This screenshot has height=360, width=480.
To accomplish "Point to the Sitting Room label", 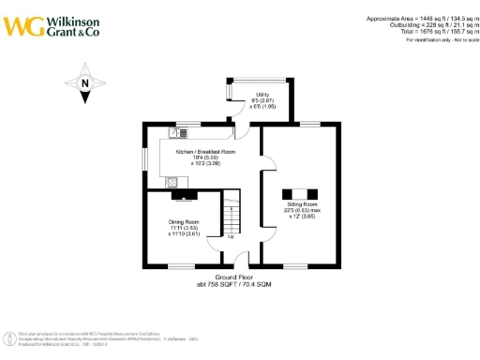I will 302,203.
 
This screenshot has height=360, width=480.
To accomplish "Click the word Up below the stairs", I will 232,236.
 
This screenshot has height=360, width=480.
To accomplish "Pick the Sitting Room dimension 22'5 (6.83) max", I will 302,210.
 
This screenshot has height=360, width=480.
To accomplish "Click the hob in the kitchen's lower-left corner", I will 172,180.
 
